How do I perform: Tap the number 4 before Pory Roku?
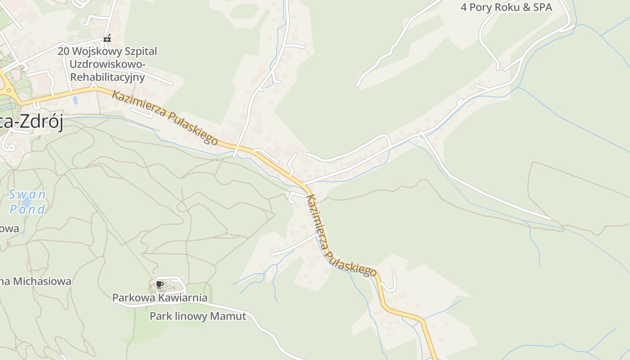(x=464, y=7)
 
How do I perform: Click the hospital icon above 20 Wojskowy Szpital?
(x=107, y=39)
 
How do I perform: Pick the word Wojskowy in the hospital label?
(x=91, y=51)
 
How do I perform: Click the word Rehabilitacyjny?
(x=108, y=77)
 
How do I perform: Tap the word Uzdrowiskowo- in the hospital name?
(x=108, y=64)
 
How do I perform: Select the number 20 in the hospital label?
(x=63, y=51)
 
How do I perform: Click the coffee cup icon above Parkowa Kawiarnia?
(x=159, y=284)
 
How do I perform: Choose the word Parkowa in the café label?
(x=133, y=297)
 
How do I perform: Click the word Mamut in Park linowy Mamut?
(x=232, y=316)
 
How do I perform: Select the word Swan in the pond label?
(x=27, y=194)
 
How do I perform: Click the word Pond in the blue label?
(x=27, y=209)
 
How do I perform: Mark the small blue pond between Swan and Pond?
(x=27, y=202)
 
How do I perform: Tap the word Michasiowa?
(x=42, y=281)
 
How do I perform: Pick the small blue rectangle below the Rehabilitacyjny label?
(x=75, y=100)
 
